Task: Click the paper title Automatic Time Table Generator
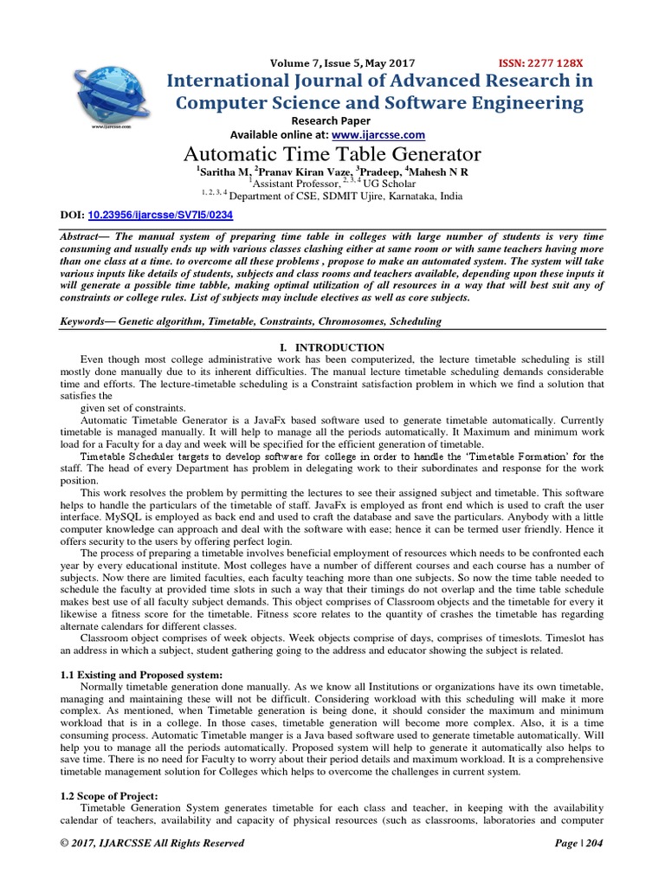coord(332,155)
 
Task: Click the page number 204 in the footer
coord(593,843)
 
